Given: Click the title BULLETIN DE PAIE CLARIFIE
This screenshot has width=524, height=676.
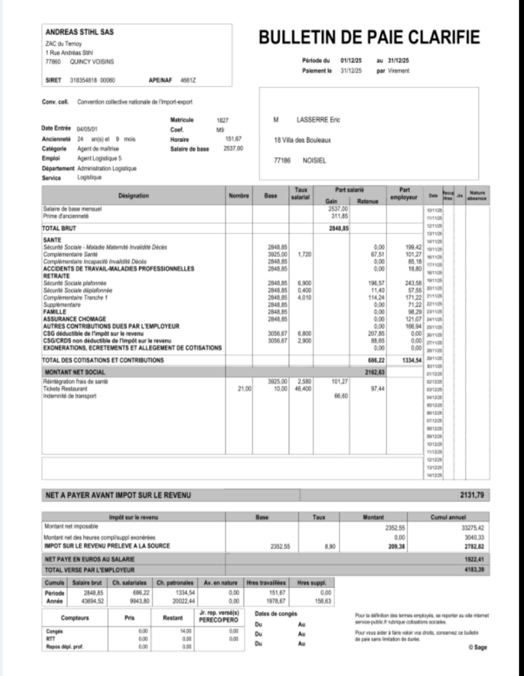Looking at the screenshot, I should click(369, 37).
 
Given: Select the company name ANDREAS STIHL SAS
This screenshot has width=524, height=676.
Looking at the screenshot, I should click(80, 32).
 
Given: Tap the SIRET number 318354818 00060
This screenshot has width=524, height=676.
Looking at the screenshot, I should click(92, 80).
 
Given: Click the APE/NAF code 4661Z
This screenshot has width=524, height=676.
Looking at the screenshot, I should click(188, 80).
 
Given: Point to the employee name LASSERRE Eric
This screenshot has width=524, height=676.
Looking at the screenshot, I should click(318, 120).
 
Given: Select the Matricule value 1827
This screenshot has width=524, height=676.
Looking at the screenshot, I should click(222, 120).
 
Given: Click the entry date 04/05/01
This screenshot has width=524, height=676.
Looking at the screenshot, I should click(87, 129).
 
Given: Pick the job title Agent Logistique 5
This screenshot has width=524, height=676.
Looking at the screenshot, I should click(99, 158).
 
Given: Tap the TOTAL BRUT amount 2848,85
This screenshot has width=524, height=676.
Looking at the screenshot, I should click(339, 228).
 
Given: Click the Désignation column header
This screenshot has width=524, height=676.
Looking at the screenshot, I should click(133, 196).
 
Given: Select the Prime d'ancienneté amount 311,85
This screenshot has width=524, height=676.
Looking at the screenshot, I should click(340, 216).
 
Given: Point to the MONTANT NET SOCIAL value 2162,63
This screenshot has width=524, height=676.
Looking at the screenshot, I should click(374, 372).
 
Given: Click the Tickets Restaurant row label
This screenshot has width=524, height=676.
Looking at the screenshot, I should click(65, 389).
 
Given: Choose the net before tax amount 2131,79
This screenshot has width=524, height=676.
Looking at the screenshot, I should click(472, 495).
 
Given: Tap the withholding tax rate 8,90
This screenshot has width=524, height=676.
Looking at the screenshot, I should click(330, 547).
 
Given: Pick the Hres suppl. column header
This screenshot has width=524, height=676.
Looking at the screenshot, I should click(312, 583).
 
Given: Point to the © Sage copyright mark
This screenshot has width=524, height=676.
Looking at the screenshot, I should click(478, 647).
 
